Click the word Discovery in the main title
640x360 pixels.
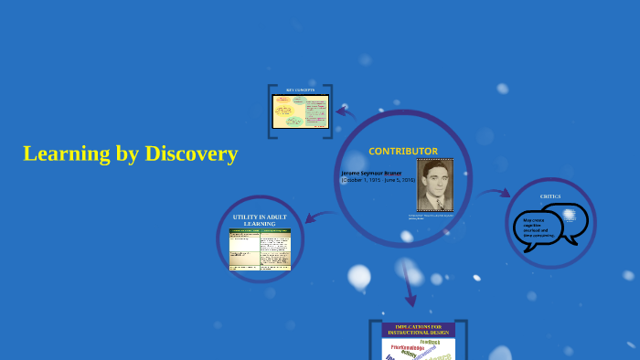[191, 154]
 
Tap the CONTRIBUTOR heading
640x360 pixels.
[403, 151]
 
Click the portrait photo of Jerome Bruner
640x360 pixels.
[434, 185]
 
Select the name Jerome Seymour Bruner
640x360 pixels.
[371, 173]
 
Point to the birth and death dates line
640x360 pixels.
[378, 180]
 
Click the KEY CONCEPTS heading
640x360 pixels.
[300, 90]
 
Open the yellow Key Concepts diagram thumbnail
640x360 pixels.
[301, 111]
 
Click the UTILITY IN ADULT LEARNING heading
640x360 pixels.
[260, 220]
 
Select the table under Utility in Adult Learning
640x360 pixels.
[260, 249]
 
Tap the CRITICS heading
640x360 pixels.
[550, 196]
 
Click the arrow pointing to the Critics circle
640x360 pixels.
[495, 194]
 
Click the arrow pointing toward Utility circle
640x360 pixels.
[317, 217]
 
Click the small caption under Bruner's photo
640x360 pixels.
[432, 217]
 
